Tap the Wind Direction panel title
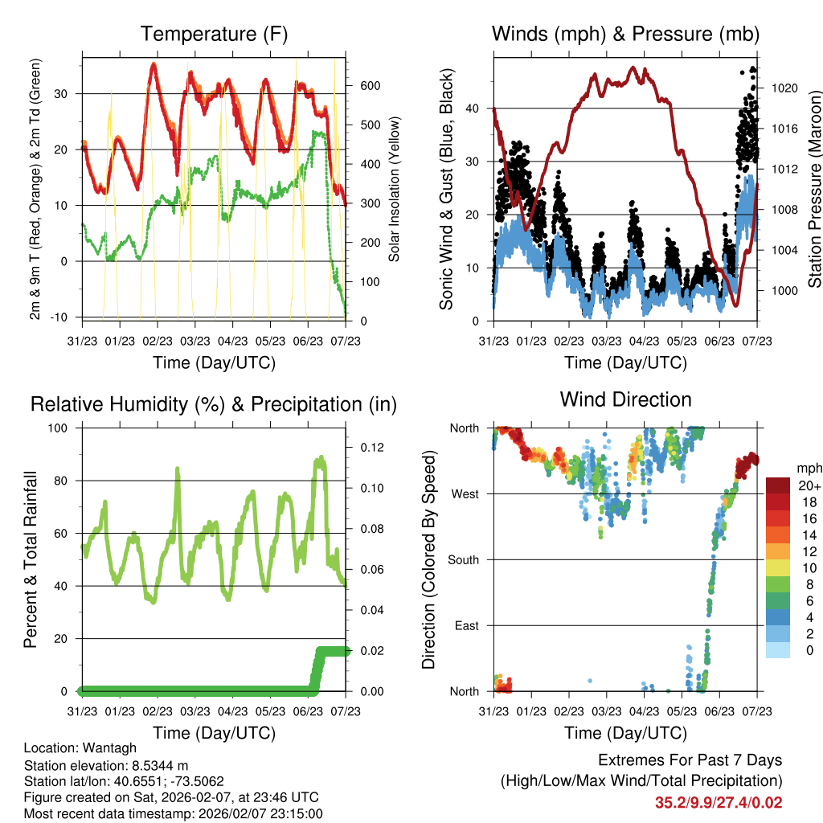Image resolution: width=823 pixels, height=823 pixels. click(x=625, y=399)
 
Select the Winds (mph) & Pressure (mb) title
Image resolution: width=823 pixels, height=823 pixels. click(x=625, y=35)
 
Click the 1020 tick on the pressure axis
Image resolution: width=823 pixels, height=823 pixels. click(x=783, y=88)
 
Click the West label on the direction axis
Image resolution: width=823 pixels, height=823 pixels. click(x=465, y=494)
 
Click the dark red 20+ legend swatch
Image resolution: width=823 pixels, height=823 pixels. click(x=780, y=485)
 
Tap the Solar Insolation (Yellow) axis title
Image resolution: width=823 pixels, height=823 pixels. click(x=394, y=190)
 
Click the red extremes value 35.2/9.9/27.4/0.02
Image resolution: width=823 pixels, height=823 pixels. click(x=719, y=802)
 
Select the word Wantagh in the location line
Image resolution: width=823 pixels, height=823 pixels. click(x=101, y=747)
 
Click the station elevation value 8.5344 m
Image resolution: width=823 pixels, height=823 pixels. click(x=155, y=765)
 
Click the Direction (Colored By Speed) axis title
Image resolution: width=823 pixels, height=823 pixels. click(x=428, y=559)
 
